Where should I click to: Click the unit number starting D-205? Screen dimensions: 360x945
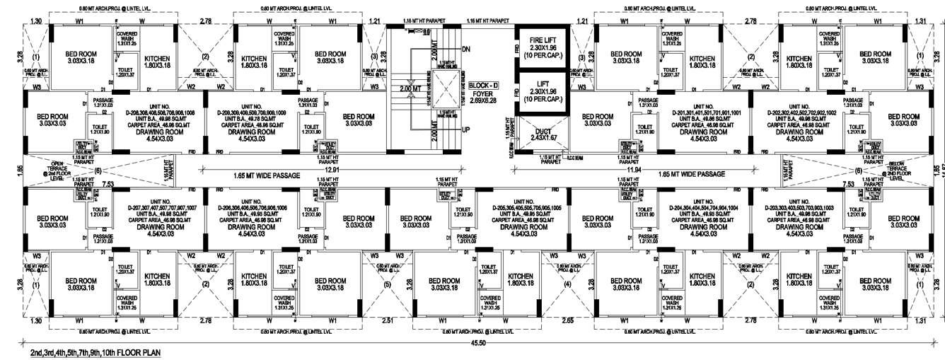(527, 208)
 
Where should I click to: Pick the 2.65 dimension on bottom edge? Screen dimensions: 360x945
(567, 321)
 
